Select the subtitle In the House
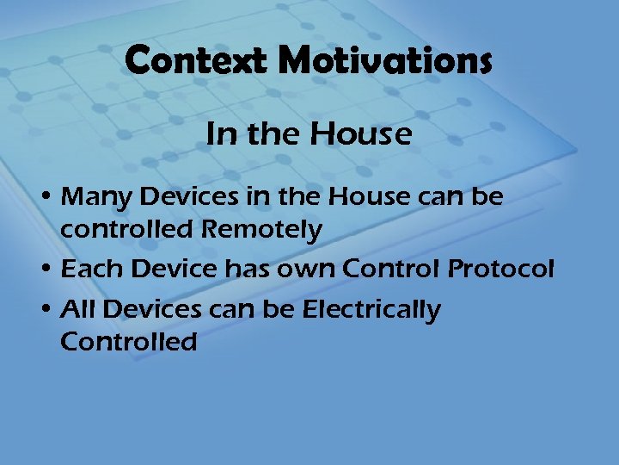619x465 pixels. pos(309,133)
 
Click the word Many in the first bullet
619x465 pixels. pos(95,197)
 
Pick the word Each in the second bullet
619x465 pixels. pos(87,270)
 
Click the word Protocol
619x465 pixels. pos(501,270)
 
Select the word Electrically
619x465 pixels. pos(371,309)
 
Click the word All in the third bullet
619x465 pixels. pos(77,309)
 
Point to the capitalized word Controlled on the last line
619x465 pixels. pos(128,342)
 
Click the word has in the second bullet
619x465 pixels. pos(248,270)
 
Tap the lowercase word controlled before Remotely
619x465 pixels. pos(129,230)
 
